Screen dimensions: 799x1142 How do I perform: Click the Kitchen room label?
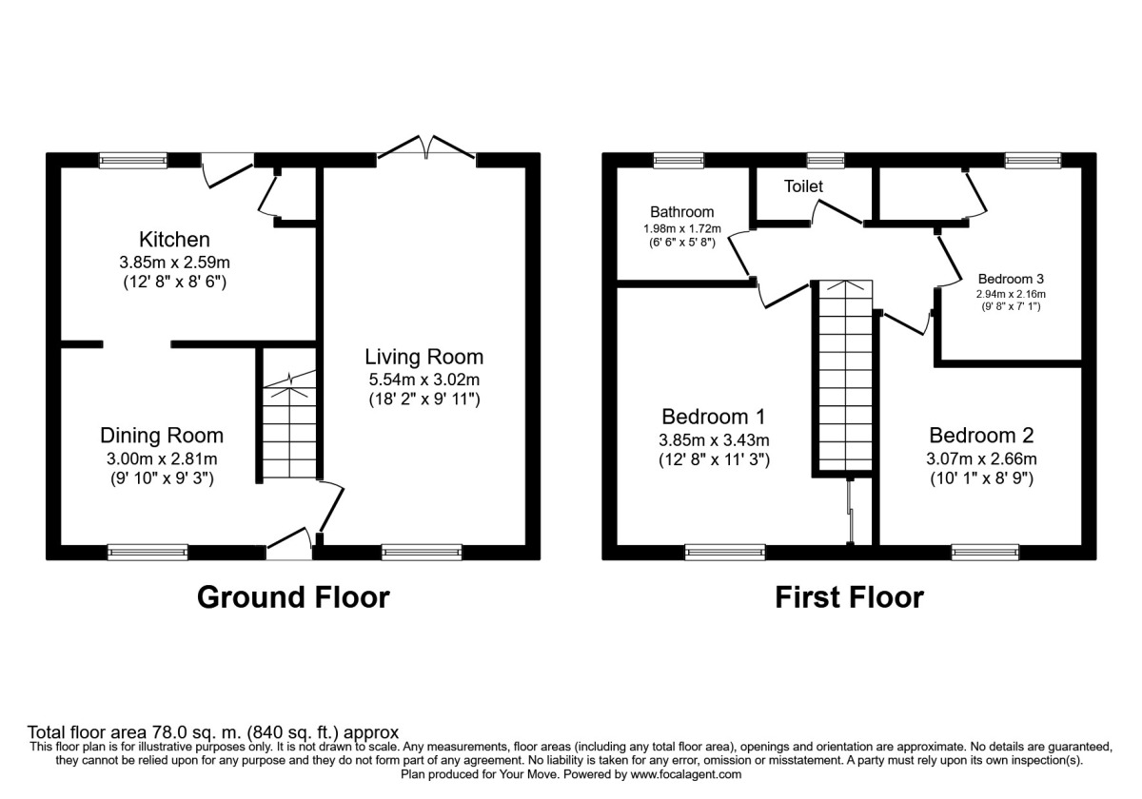(174, 239)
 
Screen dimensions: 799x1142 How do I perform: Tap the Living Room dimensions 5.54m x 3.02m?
(424, 380)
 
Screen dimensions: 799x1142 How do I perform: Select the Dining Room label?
(162, 436)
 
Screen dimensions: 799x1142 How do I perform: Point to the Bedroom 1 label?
(714, 417)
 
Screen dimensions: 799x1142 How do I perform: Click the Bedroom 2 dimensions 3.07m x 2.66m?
(981, 458)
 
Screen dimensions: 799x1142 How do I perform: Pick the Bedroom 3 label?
(1011, 280)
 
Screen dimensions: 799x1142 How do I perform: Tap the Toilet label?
(803, 186)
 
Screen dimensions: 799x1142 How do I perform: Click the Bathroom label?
(681, 212)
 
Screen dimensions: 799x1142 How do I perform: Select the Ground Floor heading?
(293, 597)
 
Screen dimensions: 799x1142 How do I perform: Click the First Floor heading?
(849, 597)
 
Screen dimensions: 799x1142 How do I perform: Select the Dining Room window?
(148, 551)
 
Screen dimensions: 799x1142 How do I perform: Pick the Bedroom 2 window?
(985, 551)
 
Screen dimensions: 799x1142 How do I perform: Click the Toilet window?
(825, 160)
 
